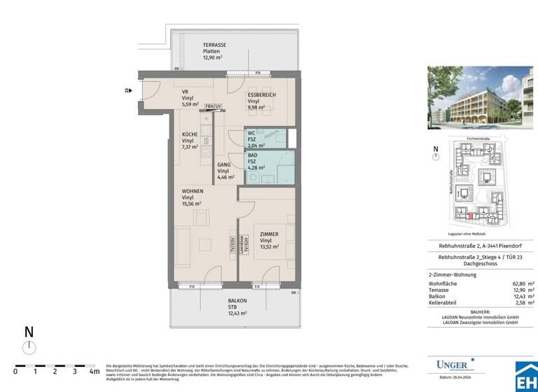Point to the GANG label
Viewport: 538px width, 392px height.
point(223,164)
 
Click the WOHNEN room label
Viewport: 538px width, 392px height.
point(193,190)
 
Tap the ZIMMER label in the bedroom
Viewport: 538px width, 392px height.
point(270,234)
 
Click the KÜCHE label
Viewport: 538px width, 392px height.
point(190,134)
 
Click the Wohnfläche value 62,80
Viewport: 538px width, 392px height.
point(516,282)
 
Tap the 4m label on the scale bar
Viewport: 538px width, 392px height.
point(95,372)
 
